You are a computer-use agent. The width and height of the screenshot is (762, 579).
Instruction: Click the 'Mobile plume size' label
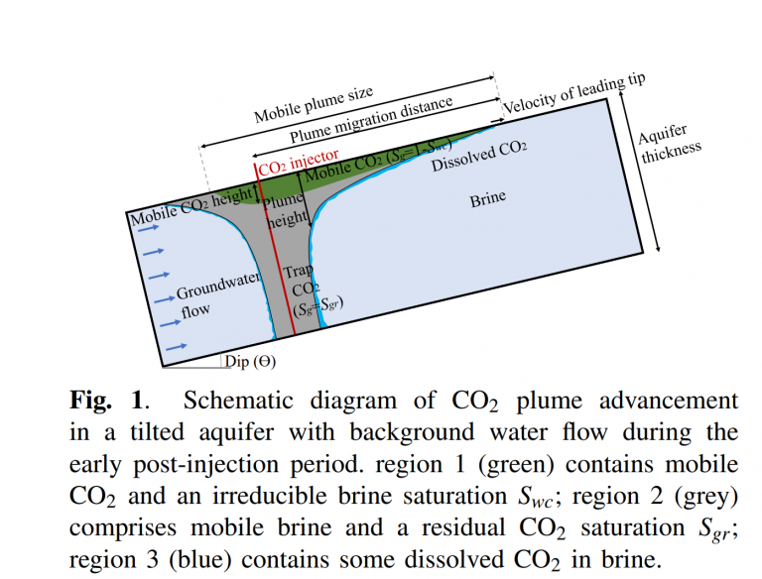tap(314, 104)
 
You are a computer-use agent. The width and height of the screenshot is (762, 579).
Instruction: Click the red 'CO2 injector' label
tap(299, 162)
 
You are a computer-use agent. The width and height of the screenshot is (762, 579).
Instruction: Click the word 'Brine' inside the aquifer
tap(487, 199)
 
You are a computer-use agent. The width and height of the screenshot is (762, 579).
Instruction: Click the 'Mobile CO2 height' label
tap(191, 204)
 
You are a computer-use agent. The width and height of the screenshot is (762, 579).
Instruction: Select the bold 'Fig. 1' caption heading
tap(108, 402)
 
